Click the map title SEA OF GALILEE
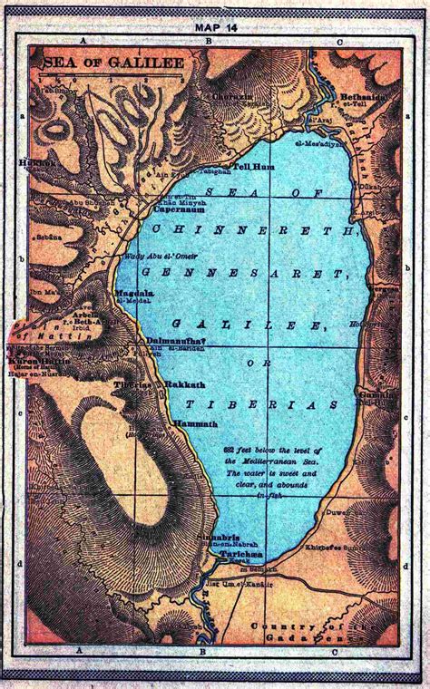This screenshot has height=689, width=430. coord(100,63)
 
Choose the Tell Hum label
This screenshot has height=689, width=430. coord(249,167)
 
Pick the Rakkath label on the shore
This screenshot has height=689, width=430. coord(182,384)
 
